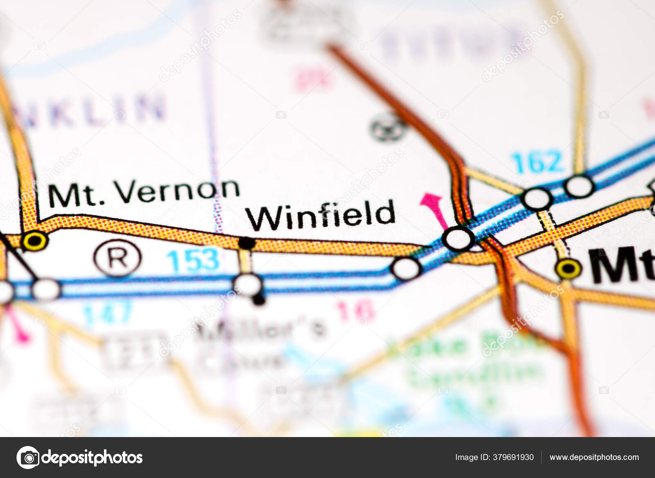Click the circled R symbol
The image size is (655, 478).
tap(117, 258)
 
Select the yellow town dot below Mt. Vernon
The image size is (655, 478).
tap(34, 241)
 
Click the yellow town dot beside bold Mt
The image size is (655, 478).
tap(568, 269)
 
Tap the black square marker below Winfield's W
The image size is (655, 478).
tap(247, 243)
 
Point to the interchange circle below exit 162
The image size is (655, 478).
tap(537, 199)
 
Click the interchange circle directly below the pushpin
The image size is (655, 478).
tap(458, 239)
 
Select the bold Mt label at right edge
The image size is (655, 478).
tap(621, 265)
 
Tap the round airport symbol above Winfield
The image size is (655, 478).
tap(388, 127)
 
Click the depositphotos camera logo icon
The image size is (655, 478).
tap(28, 458)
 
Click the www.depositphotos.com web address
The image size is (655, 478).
tap(594, 458)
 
